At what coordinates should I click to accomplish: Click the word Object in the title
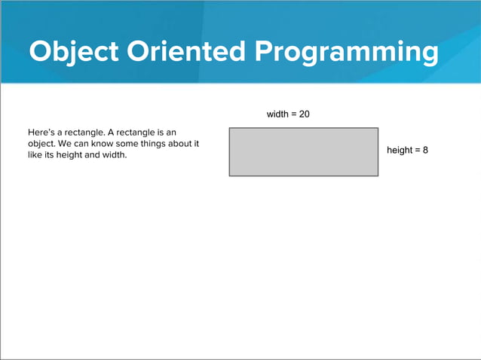click(x=75, y=52)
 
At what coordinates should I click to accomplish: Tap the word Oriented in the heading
click(x=188, y=52)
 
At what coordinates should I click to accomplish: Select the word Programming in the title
click(x=347, y=52)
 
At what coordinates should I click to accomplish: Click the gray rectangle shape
click(x=303, y=152)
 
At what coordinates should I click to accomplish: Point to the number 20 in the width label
click(x=304, y=114)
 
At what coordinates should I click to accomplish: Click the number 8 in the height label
click(x=425, y=151)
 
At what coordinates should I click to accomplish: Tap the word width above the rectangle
click(x=278, y=114)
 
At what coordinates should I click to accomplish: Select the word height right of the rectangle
click(x=400, y=151)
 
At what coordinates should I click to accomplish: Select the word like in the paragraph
click(x=35, y=156)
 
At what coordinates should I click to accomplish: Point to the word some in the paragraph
click(x=127, y=145)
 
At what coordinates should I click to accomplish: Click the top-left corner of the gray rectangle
click(x=230, y=128)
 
